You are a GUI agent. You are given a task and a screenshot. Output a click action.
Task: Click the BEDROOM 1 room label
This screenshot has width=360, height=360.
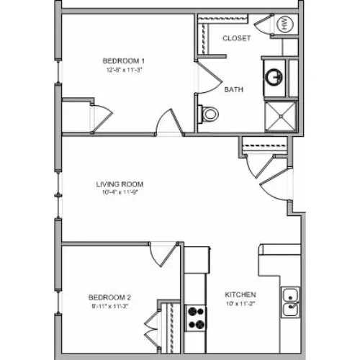124,61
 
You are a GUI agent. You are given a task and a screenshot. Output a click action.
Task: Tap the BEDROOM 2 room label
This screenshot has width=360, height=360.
109,297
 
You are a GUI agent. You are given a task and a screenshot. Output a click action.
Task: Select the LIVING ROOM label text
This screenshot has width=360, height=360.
120,184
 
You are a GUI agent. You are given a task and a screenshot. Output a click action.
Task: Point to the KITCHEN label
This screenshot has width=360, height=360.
240,294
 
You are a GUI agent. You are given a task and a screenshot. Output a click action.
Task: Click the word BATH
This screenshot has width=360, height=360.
233,89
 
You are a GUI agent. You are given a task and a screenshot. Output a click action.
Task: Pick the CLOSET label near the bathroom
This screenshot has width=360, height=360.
237,38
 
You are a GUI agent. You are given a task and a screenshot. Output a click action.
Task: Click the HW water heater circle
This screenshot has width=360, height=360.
285,24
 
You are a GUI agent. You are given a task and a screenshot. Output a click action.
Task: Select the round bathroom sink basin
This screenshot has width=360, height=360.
274,77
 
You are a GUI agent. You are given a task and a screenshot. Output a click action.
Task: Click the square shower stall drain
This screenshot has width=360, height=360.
280,116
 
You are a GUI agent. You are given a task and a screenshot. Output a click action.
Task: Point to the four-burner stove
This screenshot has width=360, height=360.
195,318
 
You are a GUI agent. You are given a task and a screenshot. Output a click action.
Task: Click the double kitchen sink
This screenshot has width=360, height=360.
290,302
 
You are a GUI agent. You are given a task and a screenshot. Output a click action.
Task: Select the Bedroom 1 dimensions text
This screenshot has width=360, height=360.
125,70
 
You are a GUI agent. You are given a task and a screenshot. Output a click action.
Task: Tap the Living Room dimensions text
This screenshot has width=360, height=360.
120,192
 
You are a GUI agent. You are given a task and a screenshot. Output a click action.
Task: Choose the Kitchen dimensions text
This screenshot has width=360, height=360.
240,303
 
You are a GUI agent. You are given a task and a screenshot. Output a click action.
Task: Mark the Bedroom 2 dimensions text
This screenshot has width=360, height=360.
110,306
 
